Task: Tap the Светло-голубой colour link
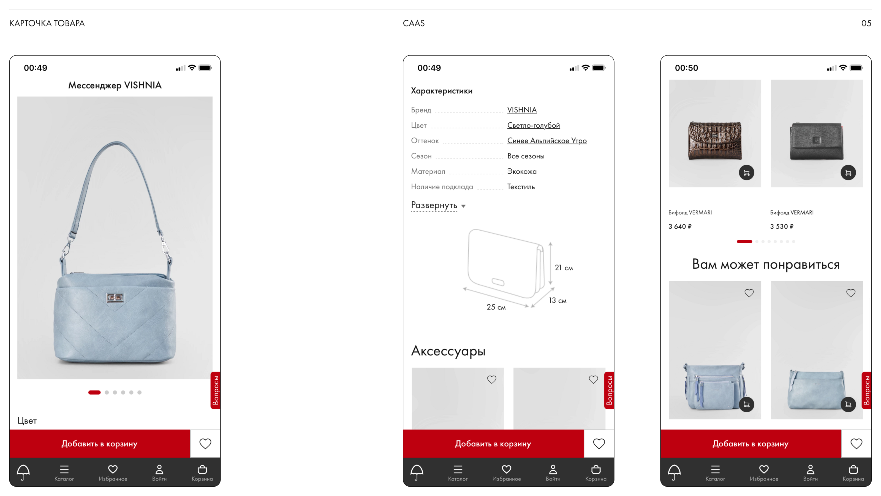tap(534, 125)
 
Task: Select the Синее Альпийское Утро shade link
tap(547, 141)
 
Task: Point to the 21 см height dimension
tap(564, 268)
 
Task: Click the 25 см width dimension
tap(496, 307)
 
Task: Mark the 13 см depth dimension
tap(558, 301)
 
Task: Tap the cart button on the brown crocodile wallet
tap(746, 172)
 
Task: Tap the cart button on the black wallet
tap(848, 172)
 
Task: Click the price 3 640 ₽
tap(680, 226)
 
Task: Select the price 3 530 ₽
tap(782, 226)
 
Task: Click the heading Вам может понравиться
tap(766, 264)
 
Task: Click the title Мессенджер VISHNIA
tap(115, 85)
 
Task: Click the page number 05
tap(866, 23)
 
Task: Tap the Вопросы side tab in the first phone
tap(216, 390)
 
